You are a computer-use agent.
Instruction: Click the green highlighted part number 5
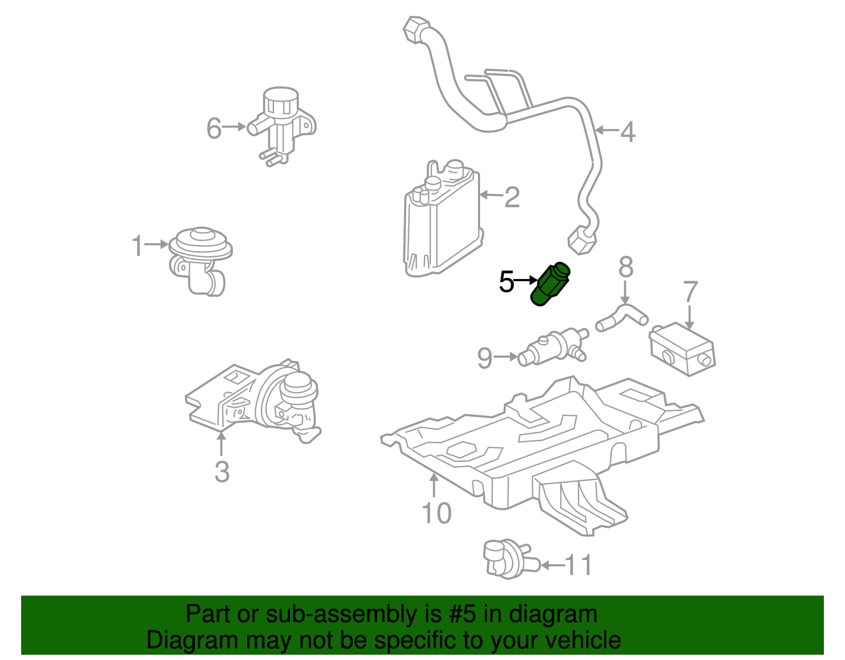(x=550, y=284)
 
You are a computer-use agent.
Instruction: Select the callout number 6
(x=213, y=128)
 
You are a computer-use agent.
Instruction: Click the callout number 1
(x=137, y=246)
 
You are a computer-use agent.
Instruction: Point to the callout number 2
(x=512, y=197)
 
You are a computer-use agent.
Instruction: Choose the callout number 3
(x=222, y=471)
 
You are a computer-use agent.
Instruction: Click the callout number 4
(x=627, y=132)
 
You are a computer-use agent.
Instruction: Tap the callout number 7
(x=691, y=292)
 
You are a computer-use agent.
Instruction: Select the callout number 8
(x=626, y=267)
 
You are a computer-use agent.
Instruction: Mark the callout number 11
(x=579, y=565)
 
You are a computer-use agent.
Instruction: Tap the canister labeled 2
(x=441, y=222)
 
